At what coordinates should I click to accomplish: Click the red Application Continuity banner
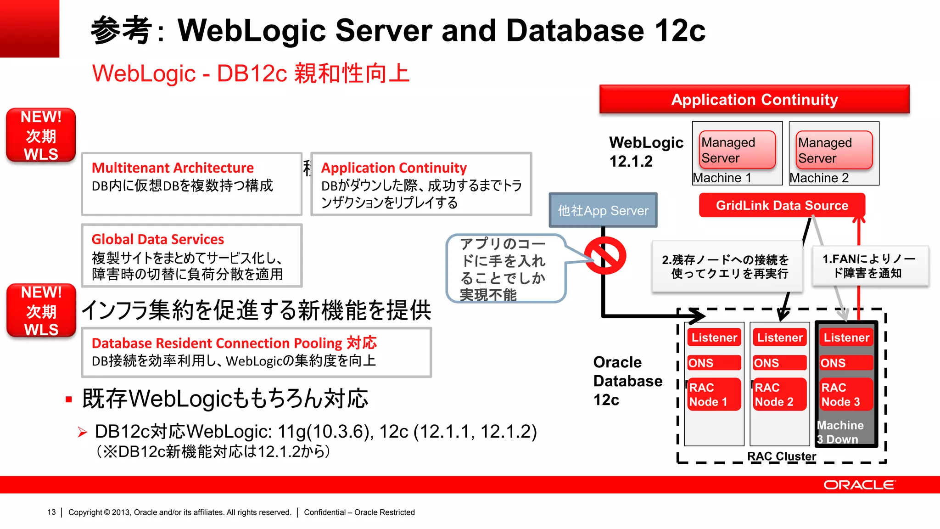click(x=754, y=100)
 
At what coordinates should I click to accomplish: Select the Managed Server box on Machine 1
click(x=737, y=150)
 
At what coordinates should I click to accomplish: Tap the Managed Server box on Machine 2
click(x=834, y=150)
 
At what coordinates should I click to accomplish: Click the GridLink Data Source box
click(x=782, y=205)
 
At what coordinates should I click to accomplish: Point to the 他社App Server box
click(x=603, y=210)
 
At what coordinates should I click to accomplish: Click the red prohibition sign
click(x=605, y=256)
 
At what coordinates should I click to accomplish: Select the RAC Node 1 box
click(x=714, y=394)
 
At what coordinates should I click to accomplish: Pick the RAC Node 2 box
click(x=779, y=394)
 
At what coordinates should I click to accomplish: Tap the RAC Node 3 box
click(x=846, y=394)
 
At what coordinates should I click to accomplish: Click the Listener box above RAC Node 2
click(x=779, y=338)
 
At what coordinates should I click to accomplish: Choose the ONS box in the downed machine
click(x=846, y=363)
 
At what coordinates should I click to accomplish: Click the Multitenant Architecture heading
click(x=173, y=168)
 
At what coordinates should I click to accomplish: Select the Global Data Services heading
click(x=158, y=239)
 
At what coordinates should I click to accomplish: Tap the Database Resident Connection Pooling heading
click(x=234, y=343)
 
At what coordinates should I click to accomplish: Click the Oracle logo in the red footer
click(x=859, y=485)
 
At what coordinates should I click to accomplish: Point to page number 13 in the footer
click(x=51, y=512)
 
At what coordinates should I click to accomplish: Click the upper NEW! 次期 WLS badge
click(x=41, y=135)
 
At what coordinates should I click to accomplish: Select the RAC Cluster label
click(x=781, y=456)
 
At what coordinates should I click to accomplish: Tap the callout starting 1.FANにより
click(x=869, y=266)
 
